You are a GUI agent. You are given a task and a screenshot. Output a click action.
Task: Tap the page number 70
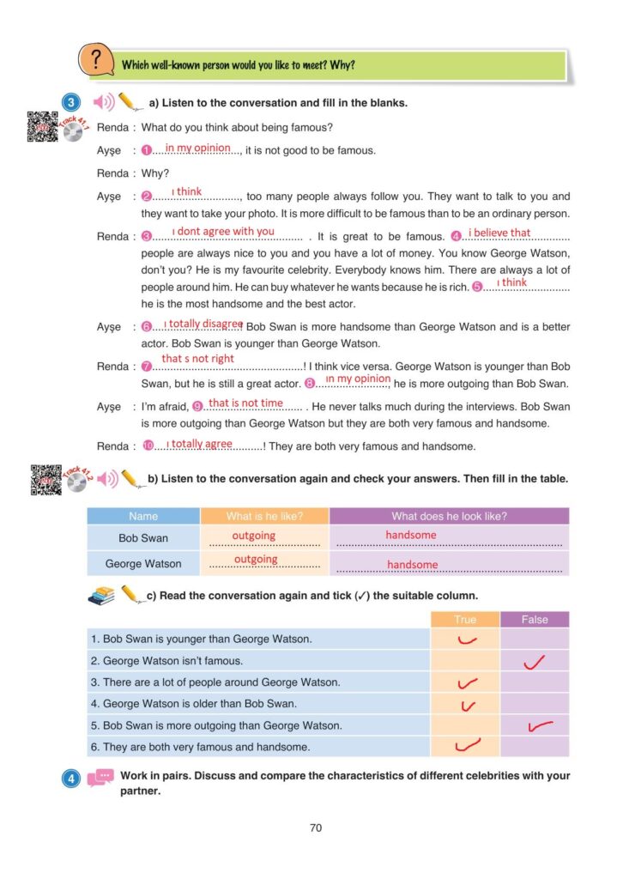pos(315,828)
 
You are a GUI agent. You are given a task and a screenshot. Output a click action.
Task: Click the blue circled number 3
pos(70,103)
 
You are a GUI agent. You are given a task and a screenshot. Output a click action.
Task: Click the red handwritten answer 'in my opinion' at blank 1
pos(198,148)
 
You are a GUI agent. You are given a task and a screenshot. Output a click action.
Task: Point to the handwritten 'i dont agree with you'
pos(223,231)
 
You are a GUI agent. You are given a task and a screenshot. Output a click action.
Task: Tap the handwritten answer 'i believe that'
pos(499,232)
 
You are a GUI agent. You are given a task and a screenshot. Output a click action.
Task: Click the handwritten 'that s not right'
pos(197,359)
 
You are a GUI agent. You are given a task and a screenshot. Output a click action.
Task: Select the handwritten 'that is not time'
pos(245,403)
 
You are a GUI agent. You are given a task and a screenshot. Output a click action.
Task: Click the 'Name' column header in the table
pos(143,516)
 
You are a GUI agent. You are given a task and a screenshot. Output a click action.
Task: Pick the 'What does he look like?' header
pos(449,516)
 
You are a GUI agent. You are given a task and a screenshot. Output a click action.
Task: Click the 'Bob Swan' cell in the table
pos(143,538)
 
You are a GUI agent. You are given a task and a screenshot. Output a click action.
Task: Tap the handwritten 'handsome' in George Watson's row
pos(412,565)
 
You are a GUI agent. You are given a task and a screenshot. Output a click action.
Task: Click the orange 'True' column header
pos(464,619)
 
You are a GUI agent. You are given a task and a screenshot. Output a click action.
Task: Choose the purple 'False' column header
pos(534,619)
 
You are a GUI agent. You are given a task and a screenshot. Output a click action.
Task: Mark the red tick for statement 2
pos(534,662)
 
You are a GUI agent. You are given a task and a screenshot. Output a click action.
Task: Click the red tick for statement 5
pos(540,727)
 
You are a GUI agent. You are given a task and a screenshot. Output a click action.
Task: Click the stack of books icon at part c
pos(101,596)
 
